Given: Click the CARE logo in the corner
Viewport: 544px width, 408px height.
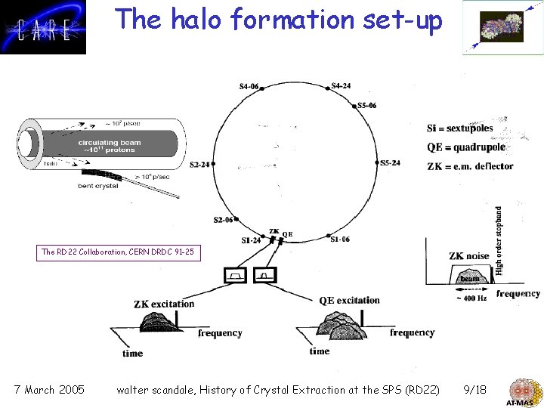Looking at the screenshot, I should (43, 27).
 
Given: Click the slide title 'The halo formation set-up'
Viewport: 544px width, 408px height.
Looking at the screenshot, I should (278, 20).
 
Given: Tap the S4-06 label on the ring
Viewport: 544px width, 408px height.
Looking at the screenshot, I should (249, 86).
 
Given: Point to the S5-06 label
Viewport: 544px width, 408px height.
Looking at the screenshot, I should (366, 105).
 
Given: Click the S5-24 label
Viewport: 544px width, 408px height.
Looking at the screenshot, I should (390, 162).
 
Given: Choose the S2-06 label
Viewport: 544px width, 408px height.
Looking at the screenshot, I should (224, 220).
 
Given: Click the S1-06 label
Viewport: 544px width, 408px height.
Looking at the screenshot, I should (340, 240).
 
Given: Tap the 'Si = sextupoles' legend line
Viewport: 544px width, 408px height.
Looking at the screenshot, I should (459, 128).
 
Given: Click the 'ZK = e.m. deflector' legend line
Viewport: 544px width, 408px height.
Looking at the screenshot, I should (469, 166).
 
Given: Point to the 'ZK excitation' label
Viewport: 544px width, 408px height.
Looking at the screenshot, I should (164, 304).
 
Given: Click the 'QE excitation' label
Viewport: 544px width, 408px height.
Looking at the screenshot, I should (349, 300).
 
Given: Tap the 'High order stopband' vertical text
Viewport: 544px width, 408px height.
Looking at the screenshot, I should (499, 240).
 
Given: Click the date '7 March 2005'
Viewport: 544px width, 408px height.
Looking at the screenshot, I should (49, 390).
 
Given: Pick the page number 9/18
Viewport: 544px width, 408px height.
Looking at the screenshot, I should (474, 390).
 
